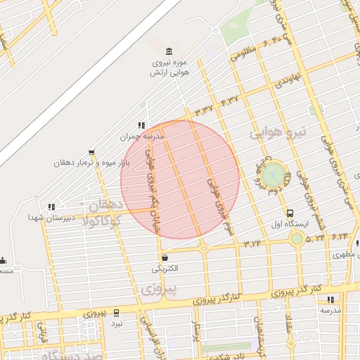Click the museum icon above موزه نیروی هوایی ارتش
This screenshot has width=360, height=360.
pos(169,53)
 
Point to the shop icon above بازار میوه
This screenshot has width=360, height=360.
pos(92,153)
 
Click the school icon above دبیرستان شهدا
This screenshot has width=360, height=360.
pos(50,207)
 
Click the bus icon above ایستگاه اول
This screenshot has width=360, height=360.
pos(290,213)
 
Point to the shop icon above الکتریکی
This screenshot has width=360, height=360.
pos(165,258)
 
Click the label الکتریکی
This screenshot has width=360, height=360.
pos(165,269)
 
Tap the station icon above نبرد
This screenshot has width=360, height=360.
pos(116,313)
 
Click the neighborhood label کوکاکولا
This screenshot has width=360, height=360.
pos(103,221)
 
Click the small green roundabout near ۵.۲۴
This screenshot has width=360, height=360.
pos(297,239)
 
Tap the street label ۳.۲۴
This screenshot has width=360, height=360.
pos(252,243)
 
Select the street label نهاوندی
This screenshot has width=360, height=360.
pos(288,79)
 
